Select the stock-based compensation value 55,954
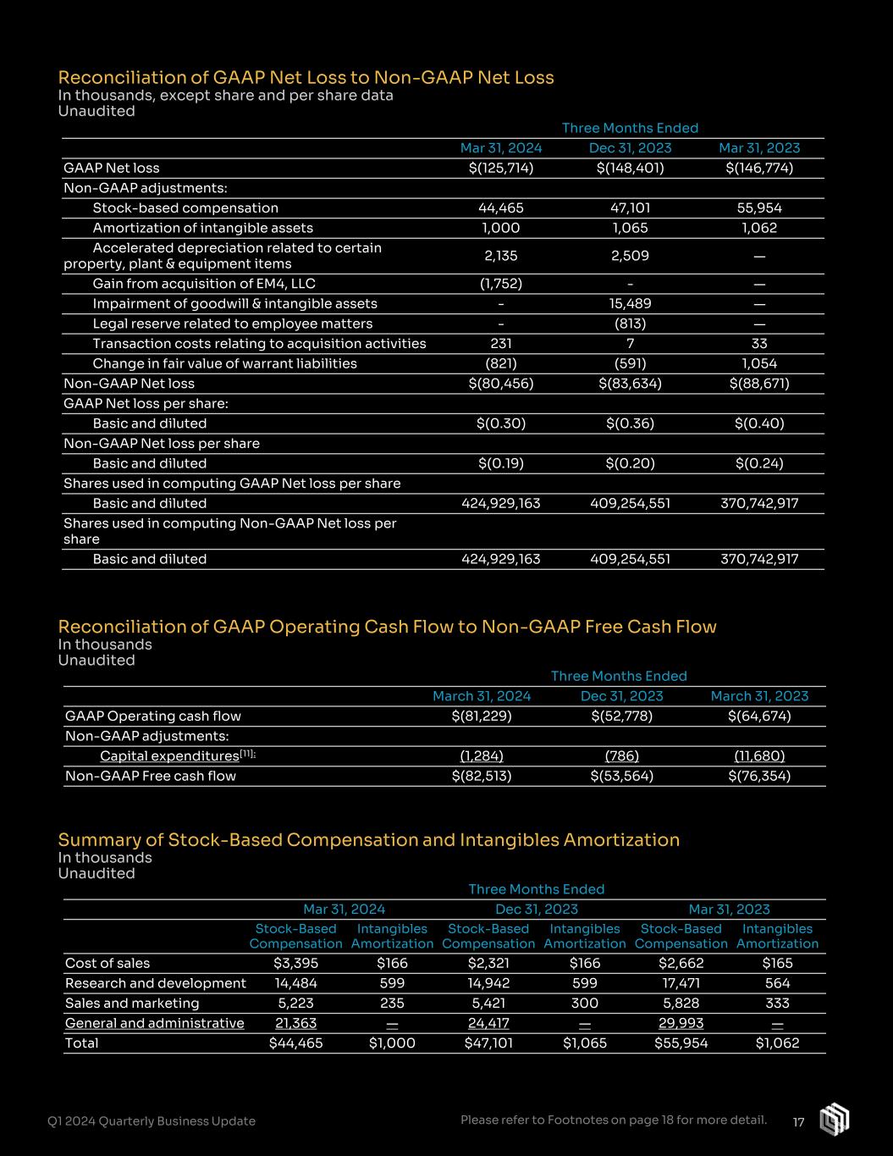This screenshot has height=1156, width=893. click(x=759, y=208)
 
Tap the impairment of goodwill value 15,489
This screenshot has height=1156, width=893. click(x=630, y=304)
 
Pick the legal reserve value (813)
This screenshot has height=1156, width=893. click(x=630, y=324)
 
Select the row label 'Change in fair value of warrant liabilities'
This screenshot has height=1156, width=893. click(x=224, y=363)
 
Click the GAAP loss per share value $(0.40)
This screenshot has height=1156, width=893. click(x=759, y=423)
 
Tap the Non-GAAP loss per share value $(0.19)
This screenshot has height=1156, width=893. click(x=501, y=463)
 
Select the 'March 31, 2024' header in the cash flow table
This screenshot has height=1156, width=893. click(x=482, y=696)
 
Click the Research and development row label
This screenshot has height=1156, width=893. click(x=156, y=983)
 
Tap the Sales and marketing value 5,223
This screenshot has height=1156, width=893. click(x=295, y=1004)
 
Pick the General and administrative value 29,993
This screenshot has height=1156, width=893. click(x=681, y=1023)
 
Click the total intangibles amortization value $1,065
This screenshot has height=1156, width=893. click(x=585, y=1043)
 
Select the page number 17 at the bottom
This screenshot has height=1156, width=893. click(x=798, y=1122)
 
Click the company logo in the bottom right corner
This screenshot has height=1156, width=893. click(x=834, y=1120)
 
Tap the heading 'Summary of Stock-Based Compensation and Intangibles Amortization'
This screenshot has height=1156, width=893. click(x=369, y=840)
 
